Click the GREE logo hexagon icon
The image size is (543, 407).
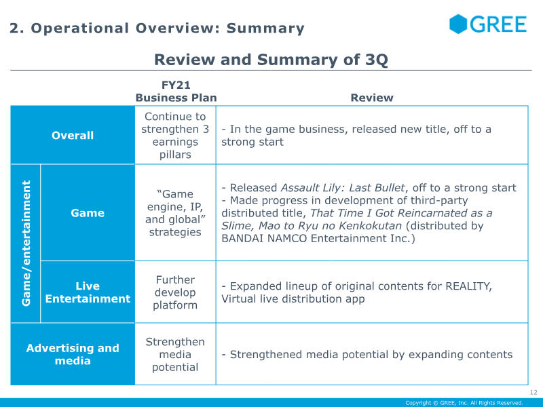[458, 24]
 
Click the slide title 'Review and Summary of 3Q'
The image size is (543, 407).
[271, 60]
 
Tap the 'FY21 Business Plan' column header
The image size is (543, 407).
[176, 92]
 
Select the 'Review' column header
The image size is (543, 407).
[371, 98]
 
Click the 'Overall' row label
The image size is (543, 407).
[73, 135]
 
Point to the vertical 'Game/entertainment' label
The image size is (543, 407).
[26, 243]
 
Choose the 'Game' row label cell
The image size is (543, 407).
[88, 213]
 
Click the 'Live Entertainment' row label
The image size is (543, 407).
[88, 292]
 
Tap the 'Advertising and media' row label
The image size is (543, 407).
[73, 354]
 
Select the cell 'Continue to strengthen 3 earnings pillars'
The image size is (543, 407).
[176, 136]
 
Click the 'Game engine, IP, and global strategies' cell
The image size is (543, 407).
[176, 213]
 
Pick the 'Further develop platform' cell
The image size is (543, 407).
[176, 292]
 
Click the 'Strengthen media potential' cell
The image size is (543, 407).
[176, 354]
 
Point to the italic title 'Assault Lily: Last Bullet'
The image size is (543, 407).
[343, 188]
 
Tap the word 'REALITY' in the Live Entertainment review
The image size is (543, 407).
[468, 286]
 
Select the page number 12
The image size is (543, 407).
[533, 392]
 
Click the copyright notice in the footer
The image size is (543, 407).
[464, 403]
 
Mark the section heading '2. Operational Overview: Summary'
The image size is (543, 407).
[157, 28]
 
